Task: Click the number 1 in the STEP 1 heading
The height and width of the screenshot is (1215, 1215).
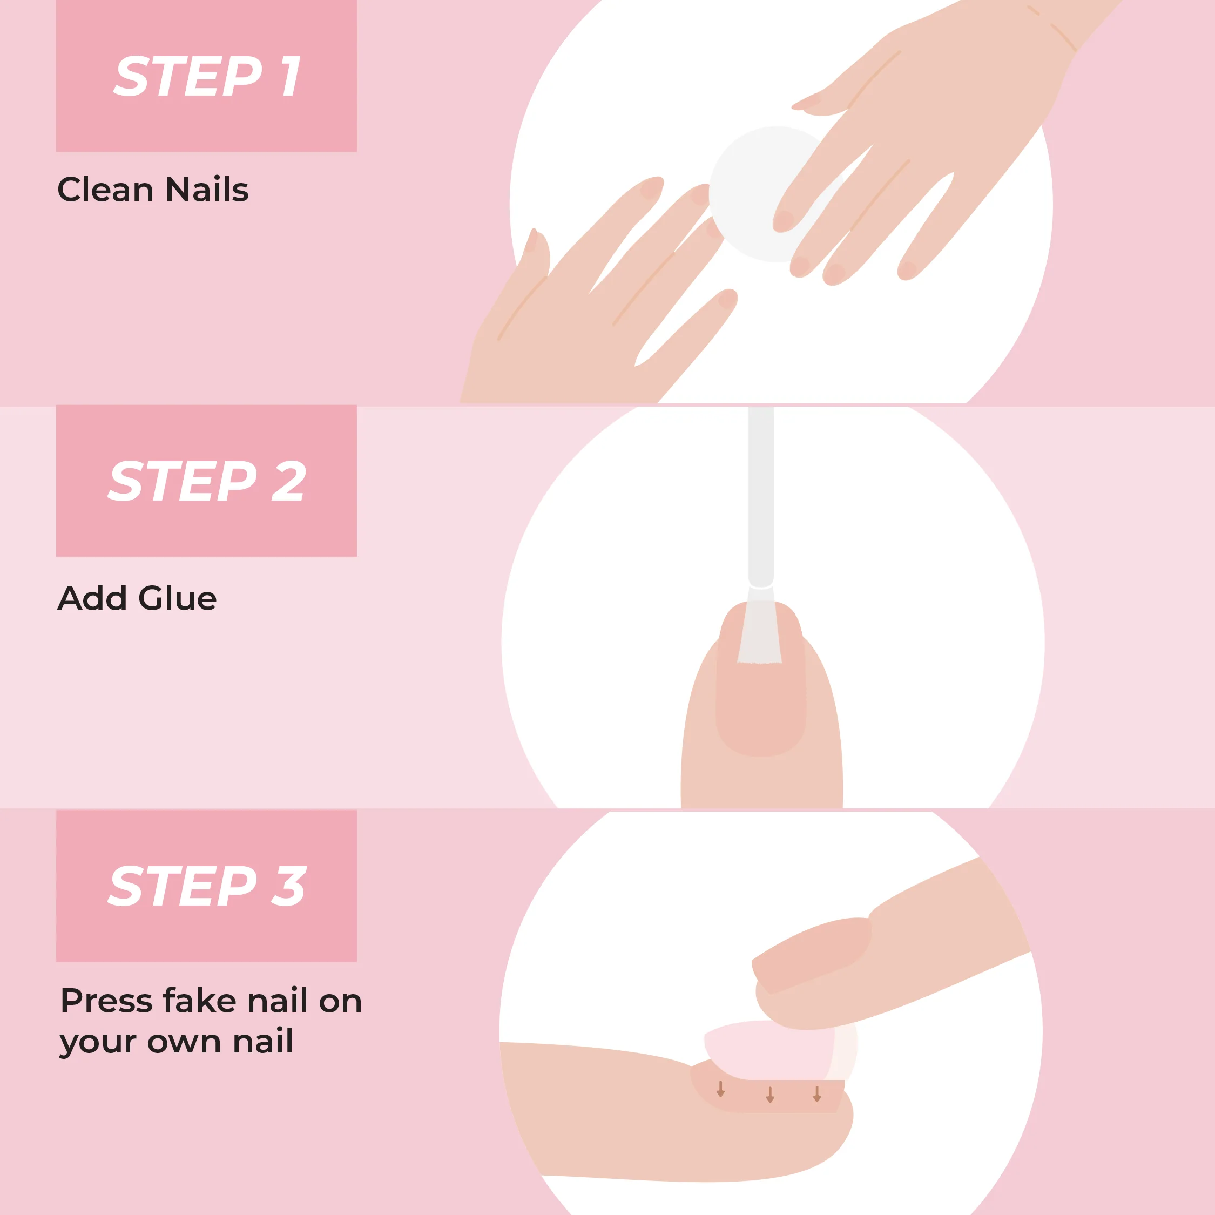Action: coord(291,77)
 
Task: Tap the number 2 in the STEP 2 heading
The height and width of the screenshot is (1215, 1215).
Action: coord(289,482)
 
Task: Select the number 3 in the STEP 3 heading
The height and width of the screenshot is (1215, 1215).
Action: coord(289,887)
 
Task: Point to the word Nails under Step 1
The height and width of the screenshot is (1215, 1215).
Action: coord(207,190)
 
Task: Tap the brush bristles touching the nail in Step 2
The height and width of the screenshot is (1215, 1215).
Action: coord(760,625)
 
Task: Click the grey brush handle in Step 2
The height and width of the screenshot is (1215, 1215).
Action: coord(761,497)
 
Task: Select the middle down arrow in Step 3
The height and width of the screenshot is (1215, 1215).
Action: coord(769,1094)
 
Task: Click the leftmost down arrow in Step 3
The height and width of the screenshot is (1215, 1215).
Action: coord(721,1089)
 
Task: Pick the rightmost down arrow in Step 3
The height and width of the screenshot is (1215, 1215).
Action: coord(817,1093)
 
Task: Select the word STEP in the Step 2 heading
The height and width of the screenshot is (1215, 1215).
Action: coord(183,482)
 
